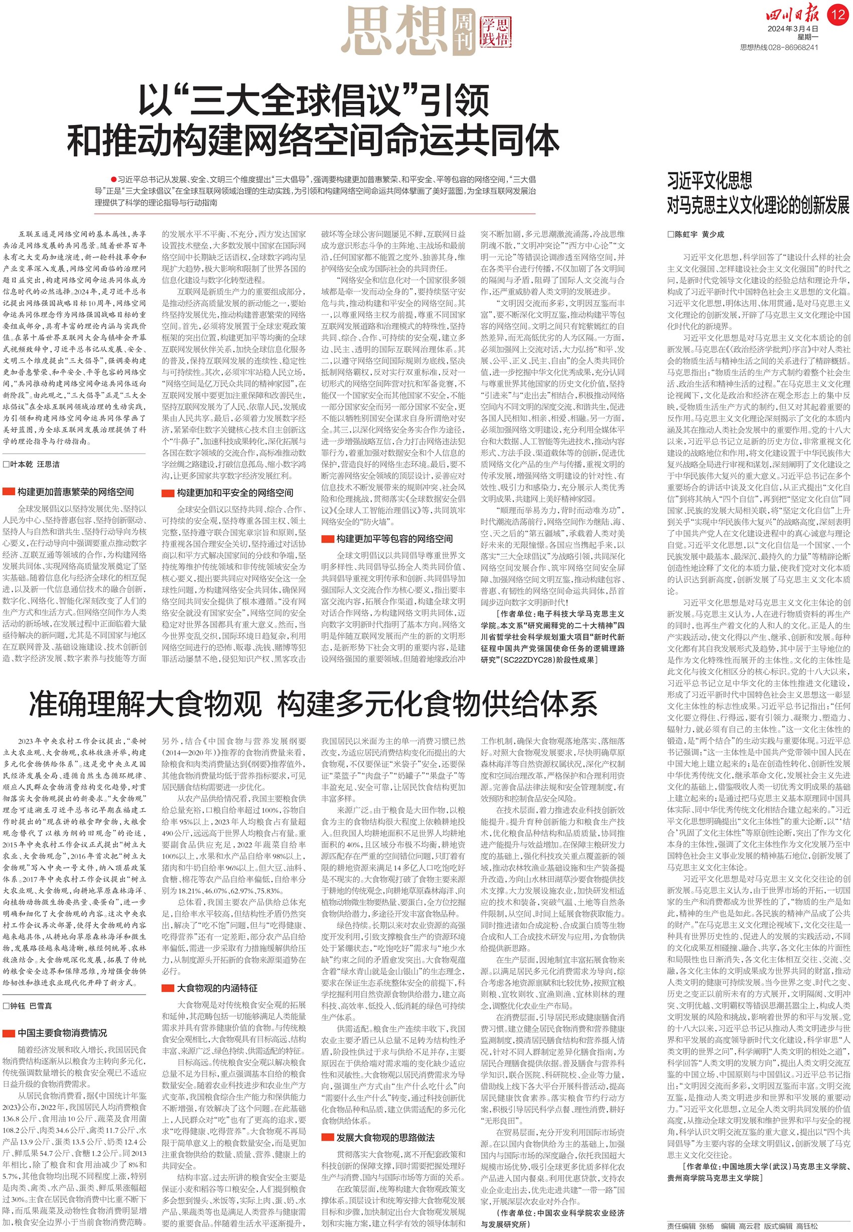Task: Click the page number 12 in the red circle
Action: [x=838, y=14]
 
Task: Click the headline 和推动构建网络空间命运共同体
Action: [x=313, y=141]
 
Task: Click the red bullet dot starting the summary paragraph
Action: [x=113, y=179]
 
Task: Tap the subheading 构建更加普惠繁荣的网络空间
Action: [x=75, y=492]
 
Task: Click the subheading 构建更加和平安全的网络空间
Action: [x=235, y=492]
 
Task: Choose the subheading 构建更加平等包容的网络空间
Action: [x=394, y=539]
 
